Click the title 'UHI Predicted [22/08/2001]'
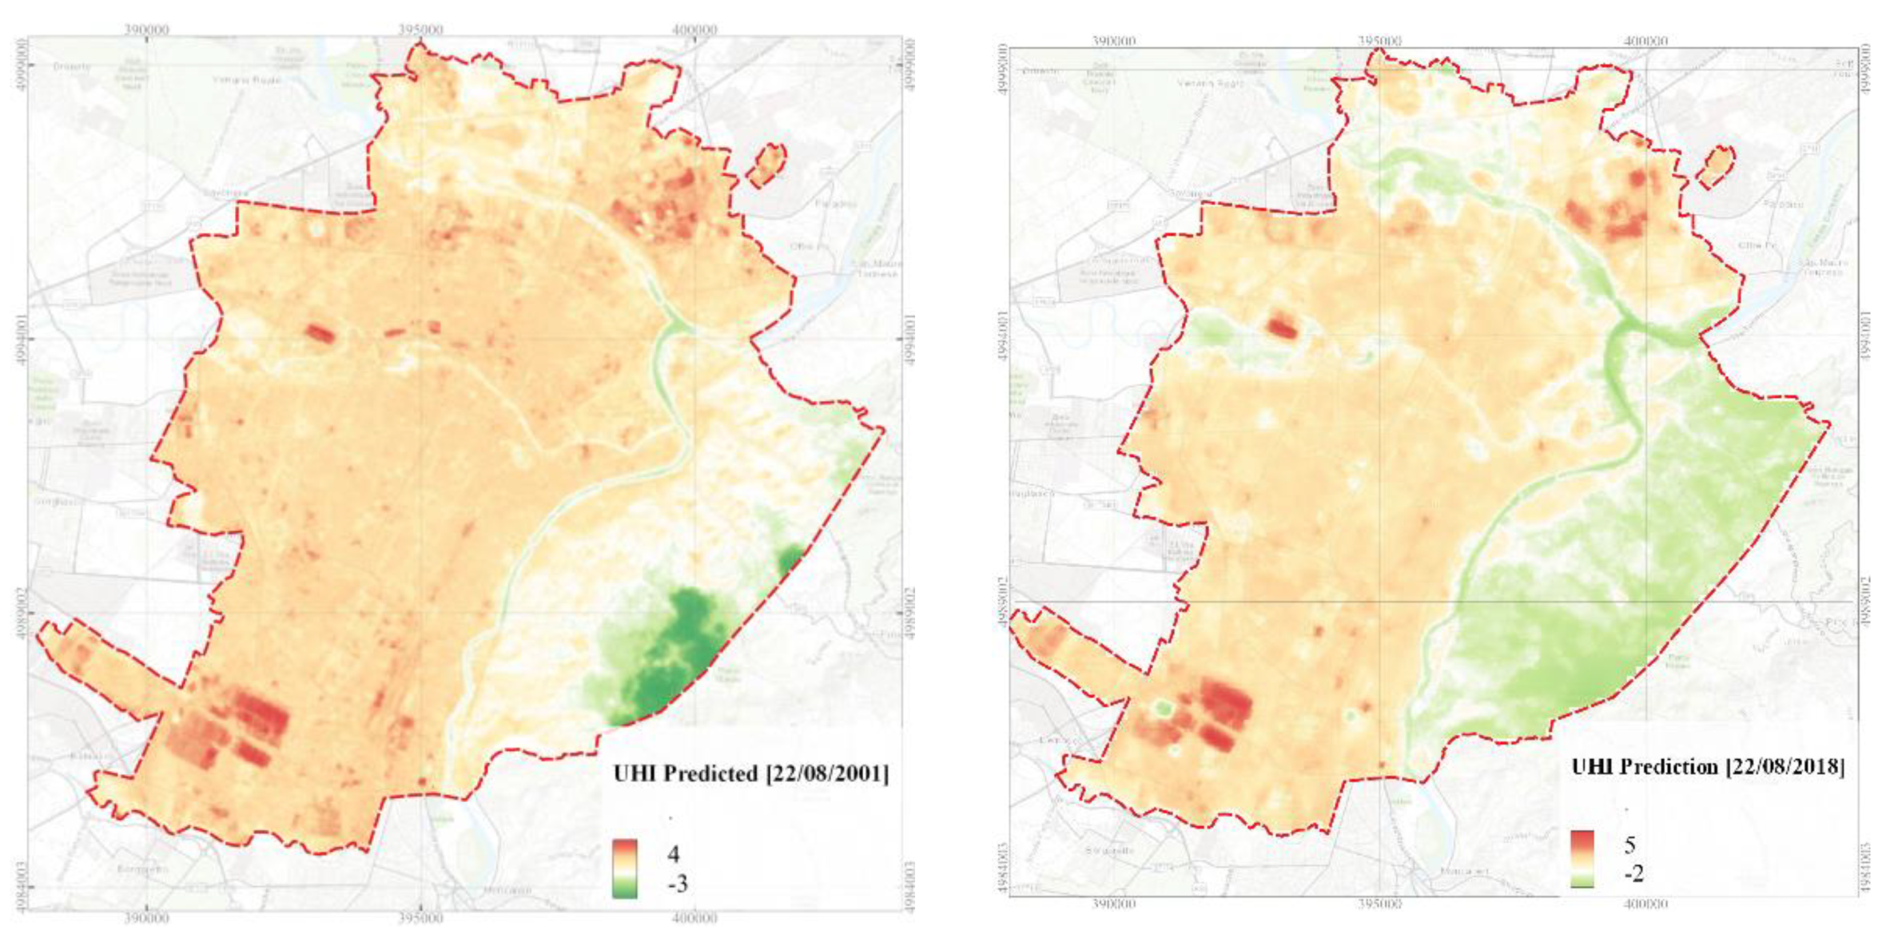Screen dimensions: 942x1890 point(750,773)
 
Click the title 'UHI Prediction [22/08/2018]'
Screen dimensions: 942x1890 point(1707,767)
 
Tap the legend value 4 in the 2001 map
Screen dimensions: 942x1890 point(674,854)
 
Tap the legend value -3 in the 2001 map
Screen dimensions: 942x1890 point(676,884)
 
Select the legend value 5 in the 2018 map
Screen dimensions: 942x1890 point(1629,845)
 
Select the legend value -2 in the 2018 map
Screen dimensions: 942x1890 point(1633,874)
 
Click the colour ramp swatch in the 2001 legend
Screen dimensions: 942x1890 point(625,868)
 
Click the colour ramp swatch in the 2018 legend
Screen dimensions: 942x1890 point(1582,859)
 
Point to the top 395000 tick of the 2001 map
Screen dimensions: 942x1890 point(420,30)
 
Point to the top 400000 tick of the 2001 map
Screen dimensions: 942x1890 point(694,30)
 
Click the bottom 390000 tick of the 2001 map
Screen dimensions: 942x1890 point(147,918)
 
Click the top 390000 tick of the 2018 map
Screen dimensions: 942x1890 point(1113,41)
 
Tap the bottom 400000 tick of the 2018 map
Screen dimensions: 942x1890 point(1645,904)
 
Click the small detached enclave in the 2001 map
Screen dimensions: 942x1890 point(766,165)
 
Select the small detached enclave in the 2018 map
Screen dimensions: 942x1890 point(1716,166)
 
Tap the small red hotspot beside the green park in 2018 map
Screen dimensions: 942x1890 point(1282,327)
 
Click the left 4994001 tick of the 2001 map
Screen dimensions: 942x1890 point(22,339)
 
